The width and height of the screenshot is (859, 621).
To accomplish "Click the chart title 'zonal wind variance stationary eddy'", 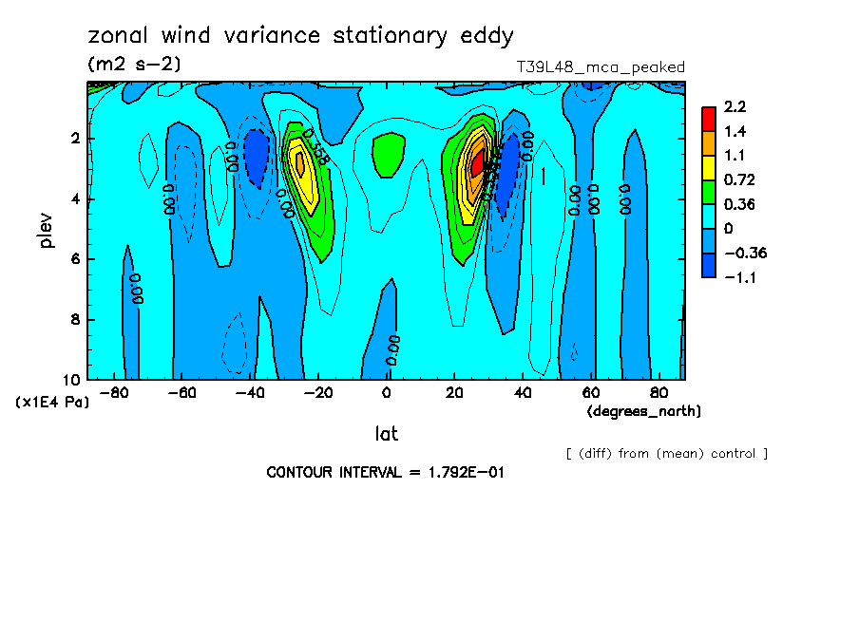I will point(300,36).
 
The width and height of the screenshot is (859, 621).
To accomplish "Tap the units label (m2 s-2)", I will point(134,65).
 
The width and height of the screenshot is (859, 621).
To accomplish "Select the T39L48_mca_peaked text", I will point(600,67).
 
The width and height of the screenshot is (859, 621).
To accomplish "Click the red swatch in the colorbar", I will point(708,118).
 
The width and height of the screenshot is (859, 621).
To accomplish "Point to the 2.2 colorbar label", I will point(735,106).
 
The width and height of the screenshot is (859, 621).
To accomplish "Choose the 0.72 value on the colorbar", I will point(739,179).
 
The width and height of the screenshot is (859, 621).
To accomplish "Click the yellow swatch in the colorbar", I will point(708,167).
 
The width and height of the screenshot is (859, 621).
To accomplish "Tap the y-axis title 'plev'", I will point(47,230).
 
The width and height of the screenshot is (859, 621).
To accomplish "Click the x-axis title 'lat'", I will point(386,434).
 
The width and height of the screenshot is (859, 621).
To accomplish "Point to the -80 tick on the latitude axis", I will point(114,392).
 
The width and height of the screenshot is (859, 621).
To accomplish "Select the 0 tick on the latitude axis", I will point(387,392).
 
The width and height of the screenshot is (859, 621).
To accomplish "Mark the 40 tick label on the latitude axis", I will point(523,392).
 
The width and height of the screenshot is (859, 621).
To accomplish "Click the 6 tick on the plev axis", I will point(76,259).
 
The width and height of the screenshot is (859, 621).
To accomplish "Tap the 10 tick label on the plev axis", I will point(72,380).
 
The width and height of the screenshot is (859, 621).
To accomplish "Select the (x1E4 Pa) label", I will point(53,403).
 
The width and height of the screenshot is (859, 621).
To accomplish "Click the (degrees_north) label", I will point(644,410).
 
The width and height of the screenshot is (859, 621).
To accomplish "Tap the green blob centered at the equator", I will point(388,153).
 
